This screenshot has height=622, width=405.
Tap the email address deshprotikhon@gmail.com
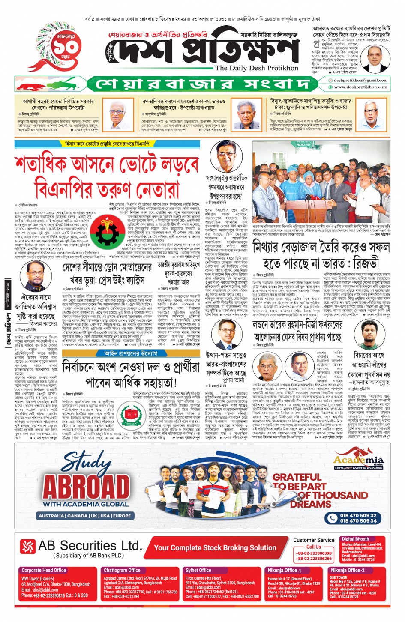tap(360, 80)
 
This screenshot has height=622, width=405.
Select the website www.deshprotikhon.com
tap(360, 87)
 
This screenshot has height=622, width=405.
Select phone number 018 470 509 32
tap(358, 515)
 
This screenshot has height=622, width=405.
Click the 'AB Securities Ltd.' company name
tap(90, 546)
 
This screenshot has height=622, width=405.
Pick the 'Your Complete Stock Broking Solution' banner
tap(215, 547)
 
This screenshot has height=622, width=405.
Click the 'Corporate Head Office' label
tap(44, 570)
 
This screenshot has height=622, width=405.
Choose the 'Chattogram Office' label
tap(122, 570)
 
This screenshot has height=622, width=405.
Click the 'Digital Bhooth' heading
tap(355, 539)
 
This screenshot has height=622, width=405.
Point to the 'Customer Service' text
tap(314, 540)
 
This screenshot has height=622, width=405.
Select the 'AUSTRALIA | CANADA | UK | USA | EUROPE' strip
tap(85, 516)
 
